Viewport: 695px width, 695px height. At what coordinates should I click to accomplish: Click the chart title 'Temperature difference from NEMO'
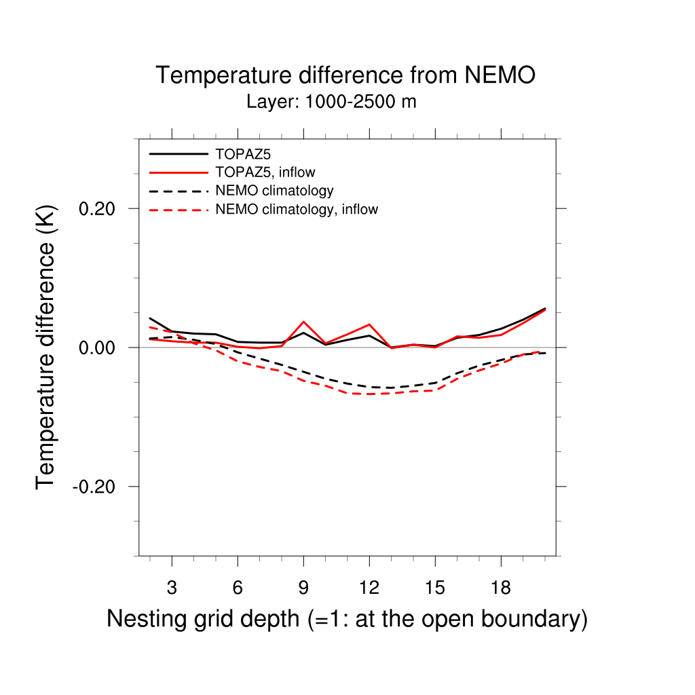(345, 75)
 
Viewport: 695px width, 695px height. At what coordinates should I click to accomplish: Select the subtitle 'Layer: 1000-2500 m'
(331, 102)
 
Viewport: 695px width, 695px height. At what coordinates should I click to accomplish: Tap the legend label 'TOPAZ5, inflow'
(265, 172)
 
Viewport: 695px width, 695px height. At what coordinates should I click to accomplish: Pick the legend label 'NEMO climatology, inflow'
(296, 210)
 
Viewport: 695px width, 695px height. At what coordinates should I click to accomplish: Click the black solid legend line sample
(179, 153)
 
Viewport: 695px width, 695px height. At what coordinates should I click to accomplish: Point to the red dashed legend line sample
(179, 210)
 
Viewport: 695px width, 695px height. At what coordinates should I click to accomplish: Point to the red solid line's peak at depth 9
(303, 322)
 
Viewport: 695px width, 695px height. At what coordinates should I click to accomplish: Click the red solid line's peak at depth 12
(369, 324)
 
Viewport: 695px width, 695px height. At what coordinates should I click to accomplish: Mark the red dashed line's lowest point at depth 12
(369, 394)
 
